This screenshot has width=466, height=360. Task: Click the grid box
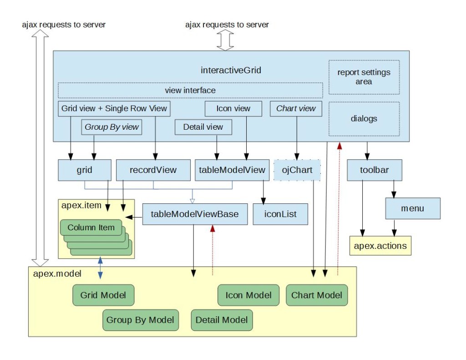pyautogui.click(x=85, y=170)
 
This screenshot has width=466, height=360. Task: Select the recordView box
pyautogui.click(x=153, y=170)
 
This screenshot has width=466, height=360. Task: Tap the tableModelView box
pyautogui.click(x=232, y=170)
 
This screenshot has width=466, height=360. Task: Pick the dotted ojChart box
pyautogui.click(x=297, y=170)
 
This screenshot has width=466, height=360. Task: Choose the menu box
pyautogui.click(x=413, y=208)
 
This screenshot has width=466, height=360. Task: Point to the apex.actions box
pyautogui.click(x=380, y=246)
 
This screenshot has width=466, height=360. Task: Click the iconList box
pyautogui.click(x=280, y=214)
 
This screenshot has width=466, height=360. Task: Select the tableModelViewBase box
pyautogui.click(x=195, y=214)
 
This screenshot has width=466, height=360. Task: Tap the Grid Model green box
pyautogui.click(x=103, y=295)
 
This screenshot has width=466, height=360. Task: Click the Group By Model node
pyautogui.click(x=140, y=320)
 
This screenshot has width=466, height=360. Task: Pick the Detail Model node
pyautogui.click(x=222, y=320)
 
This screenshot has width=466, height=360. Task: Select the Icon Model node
pyautogui.click(x=248, y=295)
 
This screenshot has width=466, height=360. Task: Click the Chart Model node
pyautogui.click(x=317, y=295)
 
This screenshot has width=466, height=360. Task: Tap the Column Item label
pyautogui.click(x=91, y=228)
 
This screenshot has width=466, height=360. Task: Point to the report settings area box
pyautogui.click(x=364, y=77)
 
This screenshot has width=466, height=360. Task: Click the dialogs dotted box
pyautogui.click(x=364, y=119)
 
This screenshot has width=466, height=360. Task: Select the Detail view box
pyautogui.click(x=203, y=127)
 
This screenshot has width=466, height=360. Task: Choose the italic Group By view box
pyautogui.click(x=111, y=127)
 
